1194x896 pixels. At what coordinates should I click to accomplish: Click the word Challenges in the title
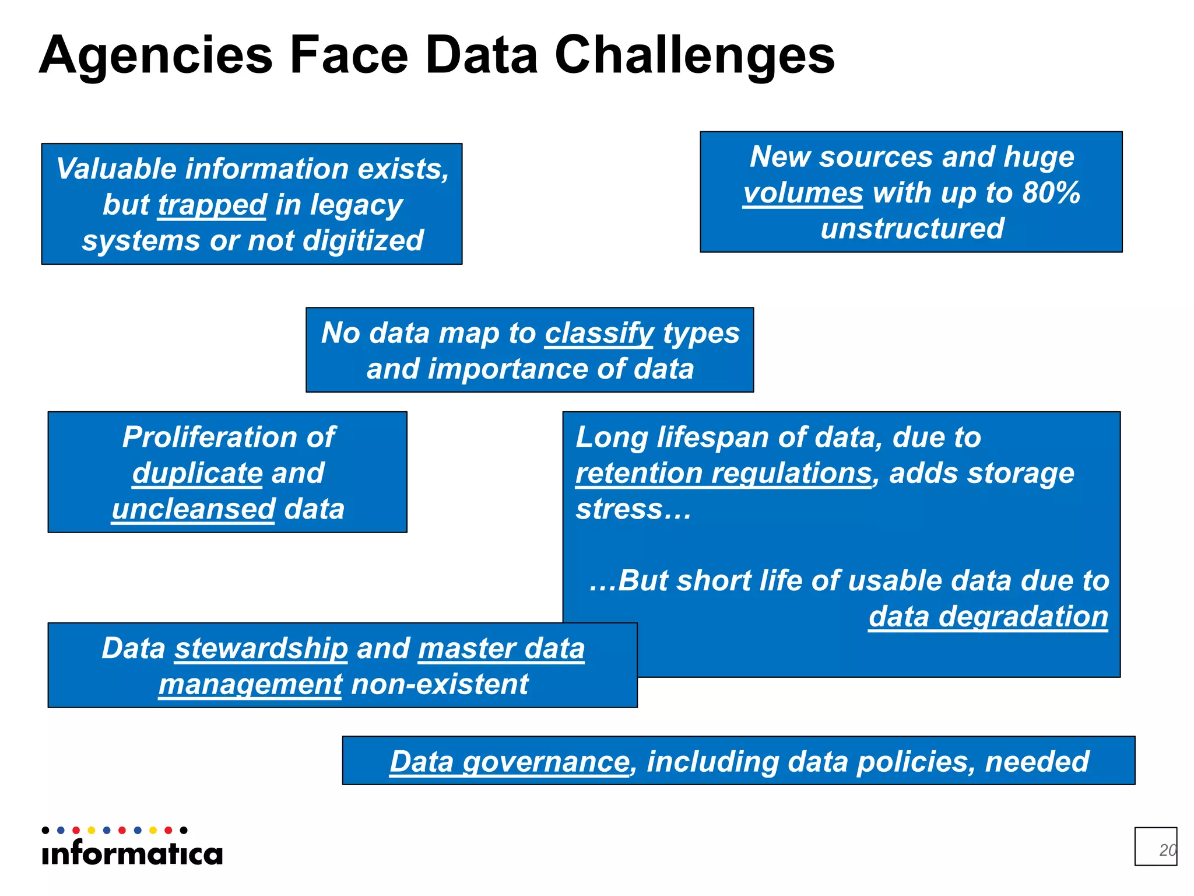click(694, 56)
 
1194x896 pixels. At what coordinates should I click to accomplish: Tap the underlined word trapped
click(212, 205)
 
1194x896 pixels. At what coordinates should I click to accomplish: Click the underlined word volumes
click(802, 193)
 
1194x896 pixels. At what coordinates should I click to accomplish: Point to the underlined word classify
click(599, 334)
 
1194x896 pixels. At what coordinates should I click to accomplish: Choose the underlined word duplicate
click(197, 473)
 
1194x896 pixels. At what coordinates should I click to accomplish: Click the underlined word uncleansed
click(193, 509)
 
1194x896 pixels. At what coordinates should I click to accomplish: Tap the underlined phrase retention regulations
click(723, 473)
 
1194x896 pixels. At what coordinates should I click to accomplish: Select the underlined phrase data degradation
click(988, 617)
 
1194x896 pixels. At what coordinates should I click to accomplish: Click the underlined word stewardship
click(261, 649)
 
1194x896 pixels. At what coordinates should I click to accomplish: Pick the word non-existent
click(440, 685)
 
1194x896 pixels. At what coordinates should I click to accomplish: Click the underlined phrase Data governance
click(510, 762)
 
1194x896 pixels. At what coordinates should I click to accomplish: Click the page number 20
click(1167, 850)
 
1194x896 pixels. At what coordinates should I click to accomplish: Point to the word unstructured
click(912, 229)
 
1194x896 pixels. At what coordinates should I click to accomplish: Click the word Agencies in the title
click(156, 56)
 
